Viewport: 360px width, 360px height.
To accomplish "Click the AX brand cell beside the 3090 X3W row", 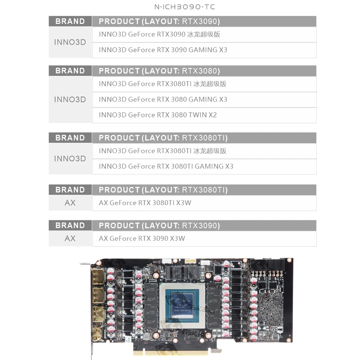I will click(x=70, y=238).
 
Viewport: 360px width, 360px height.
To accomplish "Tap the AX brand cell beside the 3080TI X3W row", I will click(x=70, y=203).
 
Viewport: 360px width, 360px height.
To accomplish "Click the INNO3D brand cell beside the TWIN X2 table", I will click(x=70, y=99).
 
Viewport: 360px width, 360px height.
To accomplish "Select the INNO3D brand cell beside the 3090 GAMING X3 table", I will click(x=70, y=42).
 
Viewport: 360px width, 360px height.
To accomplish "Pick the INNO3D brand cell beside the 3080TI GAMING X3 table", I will click(x=70, y=159).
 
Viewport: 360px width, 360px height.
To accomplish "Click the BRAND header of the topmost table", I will click(x=70, y=22).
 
